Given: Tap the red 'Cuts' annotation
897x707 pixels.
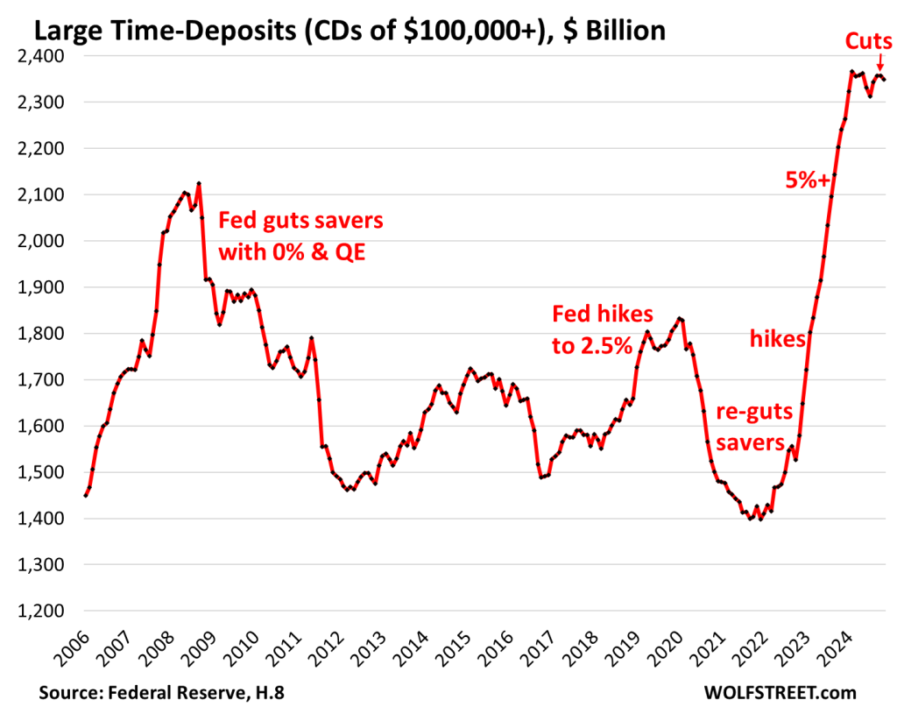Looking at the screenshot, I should coord(868,40).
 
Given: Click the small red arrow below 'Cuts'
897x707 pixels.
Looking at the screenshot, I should coord(879,62).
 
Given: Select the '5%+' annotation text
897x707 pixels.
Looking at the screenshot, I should coord(807,180).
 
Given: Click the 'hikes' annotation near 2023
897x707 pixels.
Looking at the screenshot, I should coord(778,339).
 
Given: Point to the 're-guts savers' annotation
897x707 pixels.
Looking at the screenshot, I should coord(750,427).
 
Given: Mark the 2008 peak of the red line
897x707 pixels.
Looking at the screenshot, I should coord(199,183).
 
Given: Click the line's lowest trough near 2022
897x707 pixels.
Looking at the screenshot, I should coord(750,520).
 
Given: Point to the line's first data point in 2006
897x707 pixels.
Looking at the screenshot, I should coord(85,496).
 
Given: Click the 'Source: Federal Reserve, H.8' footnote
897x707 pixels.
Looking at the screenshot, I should coord(161,692).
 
